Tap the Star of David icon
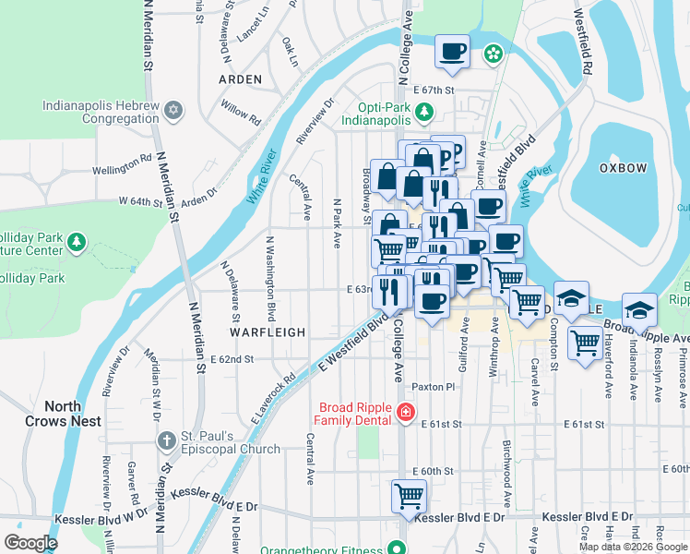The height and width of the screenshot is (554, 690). coord(172,112)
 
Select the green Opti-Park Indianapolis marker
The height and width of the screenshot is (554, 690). coord(423,114)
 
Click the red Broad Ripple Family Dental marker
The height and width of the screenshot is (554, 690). coord(404,413)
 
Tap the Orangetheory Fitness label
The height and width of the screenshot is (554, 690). coord(321,548)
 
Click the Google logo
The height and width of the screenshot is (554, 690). coord(31,542)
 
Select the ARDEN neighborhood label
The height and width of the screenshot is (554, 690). coord(240,80)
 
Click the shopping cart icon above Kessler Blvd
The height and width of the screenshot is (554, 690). coord(409,496)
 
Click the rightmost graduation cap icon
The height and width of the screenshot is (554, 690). coord(639,309)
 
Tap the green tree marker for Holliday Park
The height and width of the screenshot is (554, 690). coord(77,243)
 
